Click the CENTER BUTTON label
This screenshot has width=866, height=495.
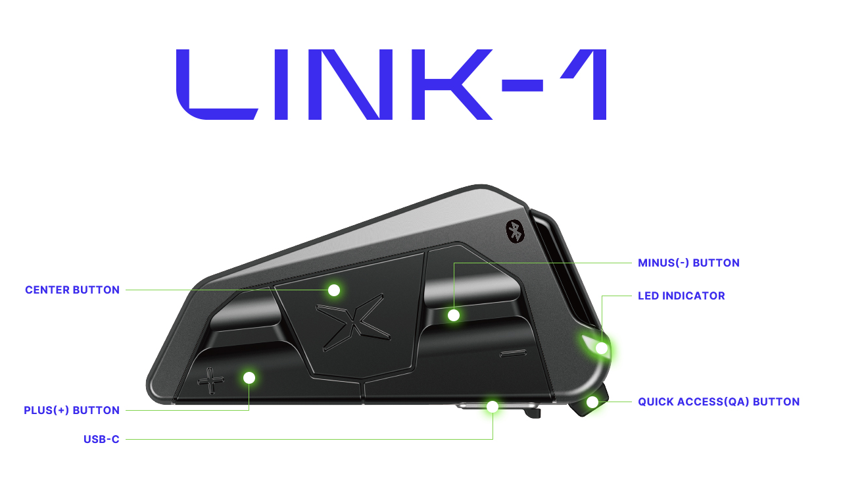72,290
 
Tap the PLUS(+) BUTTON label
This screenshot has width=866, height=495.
72,410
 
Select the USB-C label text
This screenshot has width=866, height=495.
101,439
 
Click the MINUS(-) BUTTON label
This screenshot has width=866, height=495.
688,263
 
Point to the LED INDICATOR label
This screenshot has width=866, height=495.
681,296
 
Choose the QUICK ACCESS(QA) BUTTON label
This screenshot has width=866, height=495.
719,402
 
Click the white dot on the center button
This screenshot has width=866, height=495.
334,290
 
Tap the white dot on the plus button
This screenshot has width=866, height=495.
249,378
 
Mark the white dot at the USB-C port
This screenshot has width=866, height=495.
493,407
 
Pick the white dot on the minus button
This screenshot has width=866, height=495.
454,315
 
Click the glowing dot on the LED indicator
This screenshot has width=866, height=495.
602,348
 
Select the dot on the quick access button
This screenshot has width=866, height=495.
592,402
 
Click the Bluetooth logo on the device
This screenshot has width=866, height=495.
515,232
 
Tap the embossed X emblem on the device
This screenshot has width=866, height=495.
353,323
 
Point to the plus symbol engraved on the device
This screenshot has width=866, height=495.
210,381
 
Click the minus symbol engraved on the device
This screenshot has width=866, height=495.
513,353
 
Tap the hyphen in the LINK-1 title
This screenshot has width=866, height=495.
522,86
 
